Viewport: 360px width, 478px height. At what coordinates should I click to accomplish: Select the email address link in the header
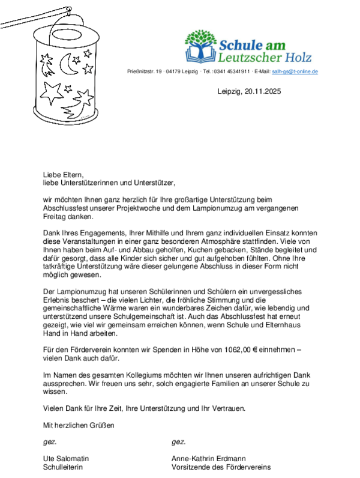(295, 71)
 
